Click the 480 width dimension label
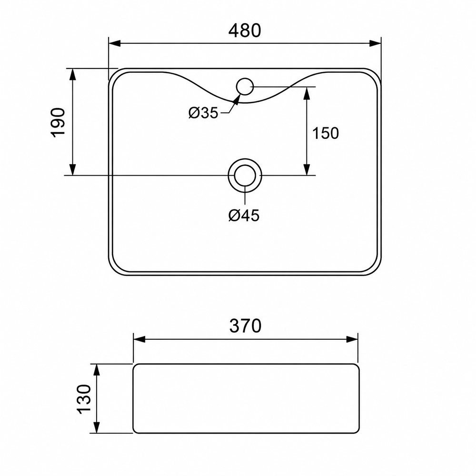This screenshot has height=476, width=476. pos(244,30)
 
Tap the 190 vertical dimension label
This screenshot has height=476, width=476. pos(58,123)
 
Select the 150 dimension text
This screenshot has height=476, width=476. pos(326,133)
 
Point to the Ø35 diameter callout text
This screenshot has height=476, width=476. pos(203,113)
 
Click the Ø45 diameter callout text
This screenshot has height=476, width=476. pos(244,216)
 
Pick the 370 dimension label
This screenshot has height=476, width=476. pos(245,326)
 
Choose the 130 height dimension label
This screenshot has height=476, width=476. pos(84,399)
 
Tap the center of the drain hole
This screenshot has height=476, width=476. pos(245,175)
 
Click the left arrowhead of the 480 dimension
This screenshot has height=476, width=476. pos(115,43)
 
